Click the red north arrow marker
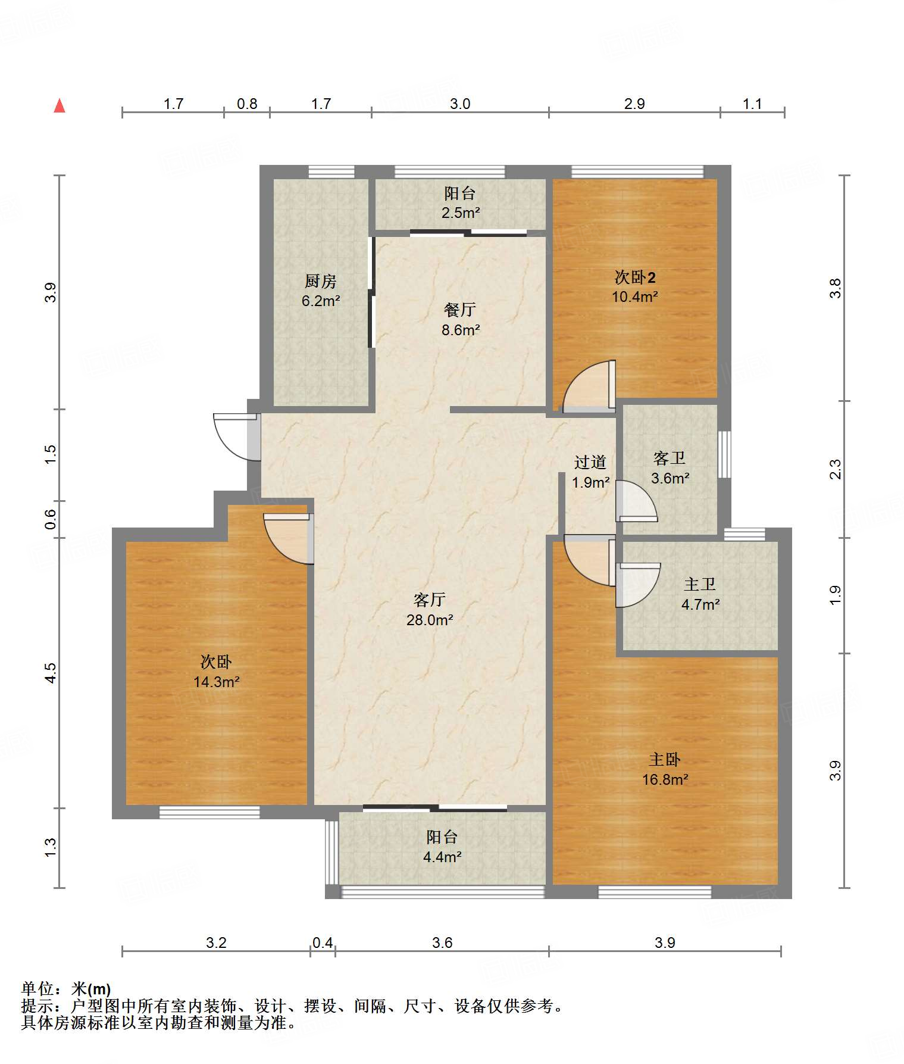coord(60,105)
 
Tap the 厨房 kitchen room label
coord(321,280)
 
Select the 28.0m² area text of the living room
coord(430,620)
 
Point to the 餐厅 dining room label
coord(460,310)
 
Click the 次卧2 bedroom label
coord(635,277)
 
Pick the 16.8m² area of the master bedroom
coord(665,779)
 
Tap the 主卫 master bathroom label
coord(700,584)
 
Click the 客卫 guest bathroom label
coord(670,458)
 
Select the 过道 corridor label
coord(590,462)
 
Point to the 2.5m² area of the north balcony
coord(461,213)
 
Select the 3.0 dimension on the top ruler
coord(460,104)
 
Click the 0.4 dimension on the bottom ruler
coord(323,943)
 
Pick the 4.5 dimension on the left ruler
coord(51,673)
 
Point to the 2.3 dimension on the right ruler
coord(836,469)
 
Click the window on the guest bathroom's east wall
coord(724,454)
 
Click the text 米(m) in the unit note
coord(91,989)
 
